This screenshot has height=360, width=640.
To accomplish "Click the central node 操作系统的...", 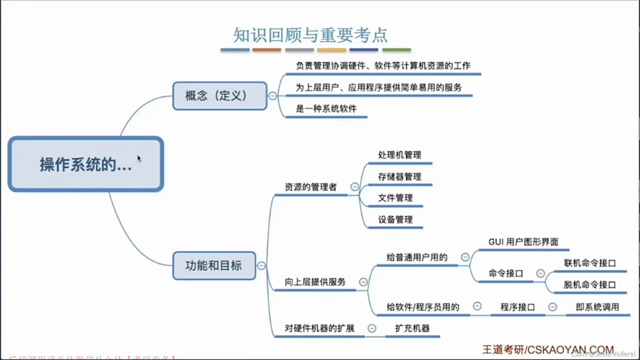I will point(86,164).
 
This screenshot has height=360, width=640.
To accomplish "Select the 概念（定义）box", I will point(220,96).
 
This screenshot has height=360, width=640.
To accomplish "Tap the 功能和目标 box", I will point(214,266).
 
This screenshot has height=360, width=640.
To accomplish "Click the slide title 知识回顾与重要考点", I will point(310,35).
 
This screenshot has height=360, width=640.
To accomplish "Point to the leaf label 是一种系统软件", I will point(326,109).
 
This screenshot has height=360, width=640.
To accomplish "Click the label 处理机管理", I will point(399,155).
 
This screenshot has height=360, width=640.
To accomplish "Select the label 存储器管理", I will point(399,177).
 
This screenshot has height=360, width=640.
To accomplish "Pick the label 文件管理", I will point(395,198).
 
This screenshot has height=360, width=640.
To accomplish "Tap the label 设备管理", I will point(395,220).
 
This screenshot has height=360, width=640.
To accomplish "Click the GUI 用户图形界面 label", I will point(523,242).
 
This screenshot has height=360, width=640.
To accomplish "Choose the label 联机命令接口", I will point(589,263).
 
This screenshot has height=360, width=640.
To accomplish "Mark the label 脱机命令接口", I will point(589,285).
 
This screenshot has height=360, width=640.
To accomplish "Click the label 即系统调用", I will point(597,307).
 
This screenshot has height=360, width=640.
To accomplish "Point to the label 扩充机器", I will point(412,328).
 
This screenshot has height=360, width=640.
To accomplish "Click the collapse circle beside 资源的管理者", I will point(355,187).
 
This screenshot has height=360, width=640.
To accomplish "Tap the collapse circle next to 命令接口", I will point(540,274).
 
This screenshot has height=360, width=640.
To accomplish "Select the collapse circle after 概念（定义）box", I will point(272,96).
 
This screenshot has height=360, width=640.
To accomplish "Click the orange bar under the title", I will point(267,50).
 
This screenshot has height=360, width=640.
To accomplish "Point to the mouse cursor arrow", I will point(139,158).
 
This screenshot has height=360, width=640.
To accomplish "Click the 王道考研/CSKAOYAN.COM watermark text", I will point(548,350).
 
